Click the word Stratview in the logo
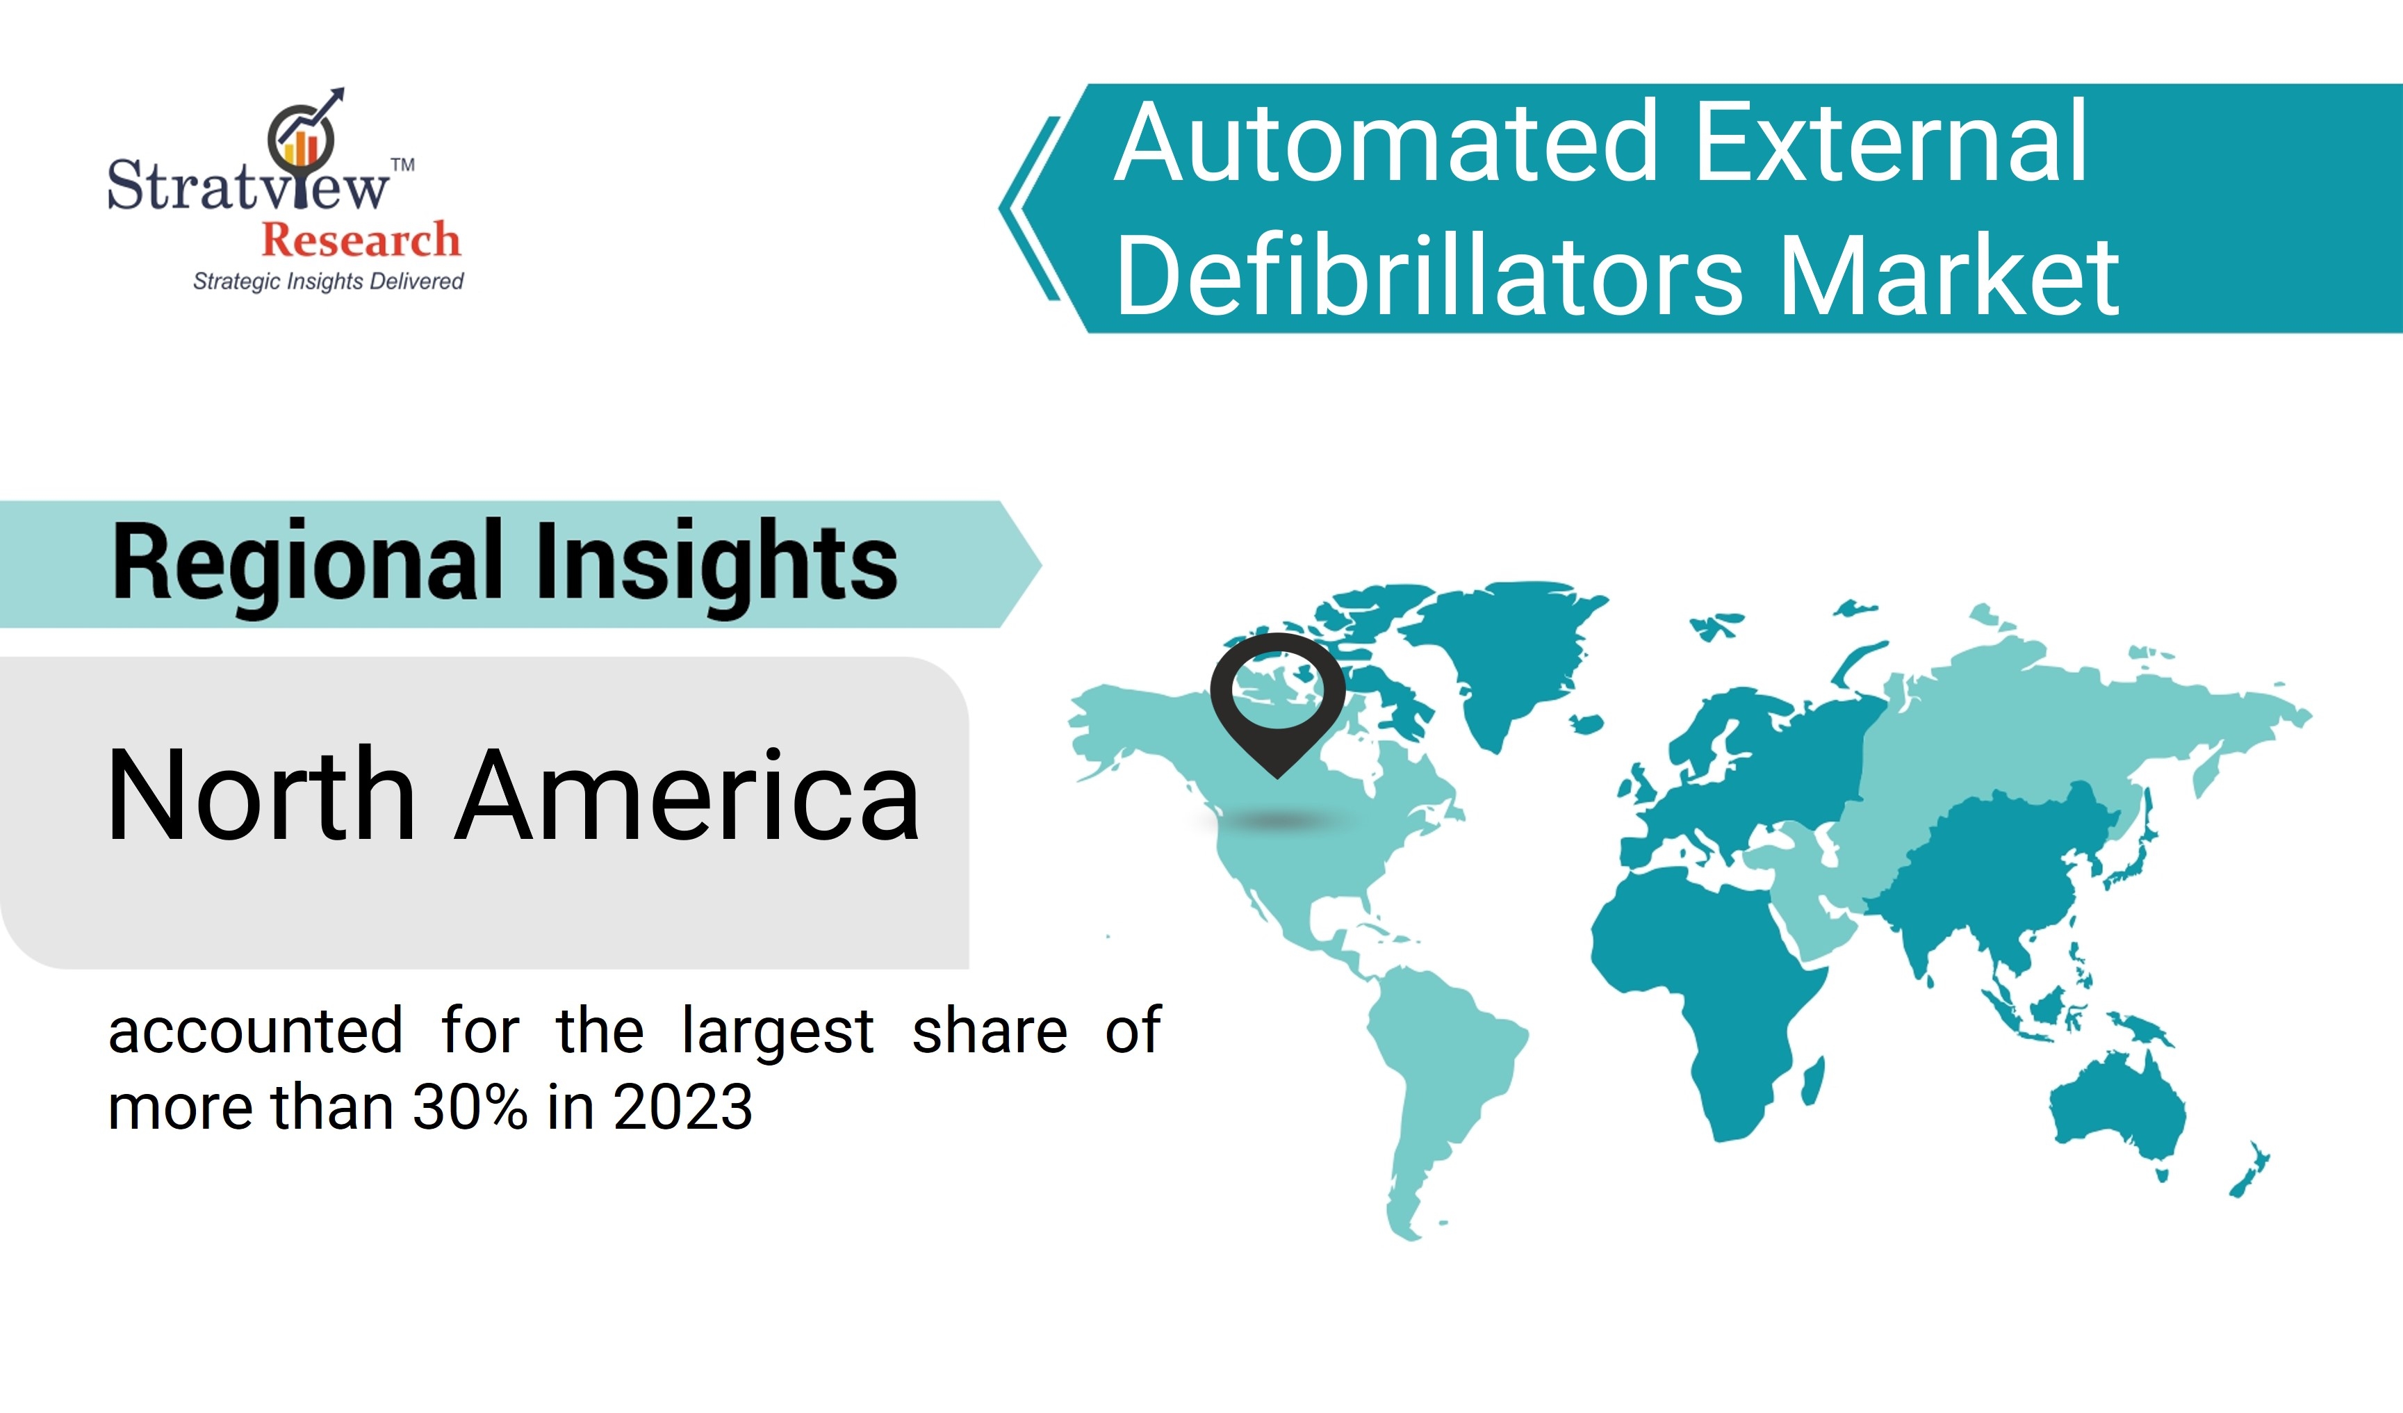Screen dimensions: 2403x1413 pyautogui.click(x=248, y=184)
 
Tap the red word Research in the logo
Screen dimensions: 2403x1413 pyautogui.click(x=361, y=238)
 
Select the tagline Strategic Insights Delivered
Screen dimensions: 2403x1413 pyautogui.click(x=328, y=281)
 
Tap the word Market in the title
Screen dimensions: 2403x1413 pyautogui.click(x=1950, y=277)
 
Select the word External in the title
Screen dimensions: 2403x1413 pyautogui.click(x=1892, y=143)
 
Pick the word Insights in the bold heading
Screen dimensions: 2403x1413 pyautogui.click(x=717, y=565)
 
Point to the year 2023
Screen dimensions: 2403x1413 pyautogui.click(x=683, y=1107)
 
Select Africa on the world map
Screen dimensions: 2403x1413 pyautogui.click(x=1707, y=992)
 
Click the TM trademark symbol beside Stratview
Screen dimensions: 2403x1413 pyautogui.click(x=402, y=165)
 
